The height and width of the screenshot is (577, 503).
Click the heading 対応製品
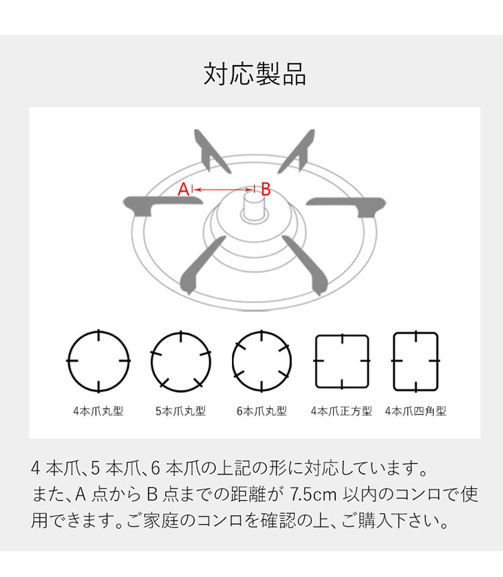(255, 74)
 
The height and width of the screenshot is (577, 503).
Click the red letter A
(183, 189)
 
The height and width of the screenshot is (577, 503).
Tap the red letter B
(266, 189)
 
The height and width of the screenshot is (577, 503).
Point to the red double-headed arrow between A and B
(223, 189)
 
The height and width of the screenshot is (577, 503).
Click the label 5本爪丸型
(180, 411)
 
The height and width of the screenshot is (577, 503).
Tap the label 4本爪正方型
(341, 411)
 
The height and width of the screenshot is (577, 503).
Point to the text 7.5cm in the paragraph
(313, 494)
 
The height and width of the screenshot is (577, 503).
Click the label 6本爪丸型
(262, 411)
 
